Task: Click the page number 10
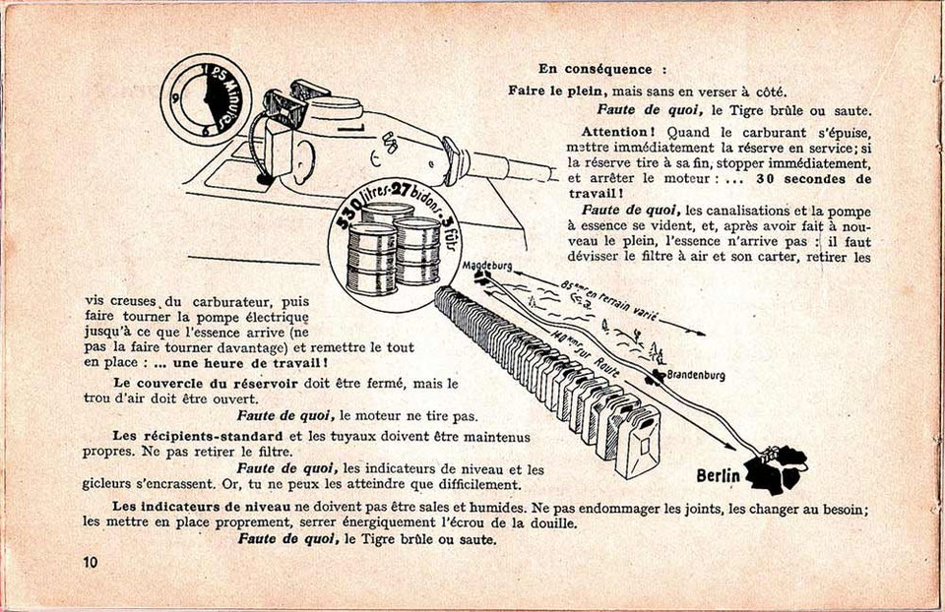tap(91, 563)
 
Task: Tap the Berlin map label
tap(718, 476)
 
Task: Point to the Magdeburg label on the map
tap(487, 265)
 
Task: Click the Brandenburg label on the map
tap(696, 375)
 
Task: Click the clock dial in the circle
tap(198, 98)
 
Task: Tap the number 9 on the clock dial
tap(175, 97)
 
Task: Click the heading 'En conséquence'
tap(596, 69)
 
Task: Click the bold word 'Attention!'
tap(614, 132)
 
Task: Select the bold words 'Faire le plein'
tap(555, 91)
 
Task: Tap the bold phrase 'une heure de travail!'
tap(250, 363)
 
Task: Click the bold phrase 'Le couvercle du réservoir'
tap(205, 384)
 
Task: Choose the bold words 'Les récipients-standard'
tap(198, 436)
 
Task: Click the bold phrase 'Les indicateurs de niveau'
tap(202, 507)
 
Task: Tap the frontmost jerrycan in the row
tap(638, 443)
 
